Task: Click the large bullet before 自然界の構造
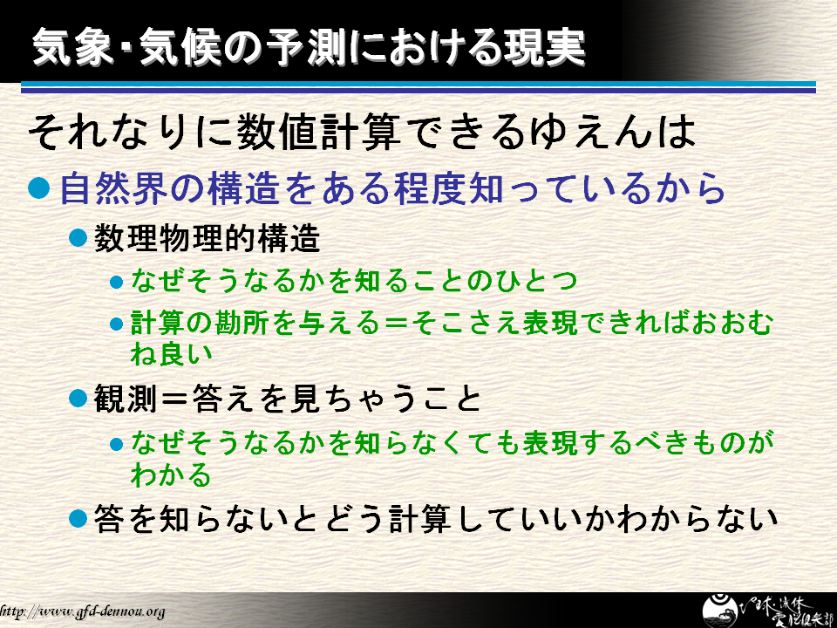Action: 39,188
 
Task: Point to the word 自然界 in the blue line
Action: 113,188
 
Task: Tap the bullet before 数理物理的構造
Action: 78,237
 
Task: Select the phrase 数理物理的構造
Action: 207,238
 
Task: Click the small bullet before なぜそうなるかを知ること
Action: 116,282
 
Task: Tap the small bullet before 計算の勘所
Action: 116,324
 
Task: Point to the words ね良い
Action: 171,353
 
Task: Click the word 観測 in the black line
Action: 125,399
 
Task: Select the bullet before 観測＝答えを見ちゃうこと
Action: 78,398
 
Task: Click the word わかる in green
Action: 171,474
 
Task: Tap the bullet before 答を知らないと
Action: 78,518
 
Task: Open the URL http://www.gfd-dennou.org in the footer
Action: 82,611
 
